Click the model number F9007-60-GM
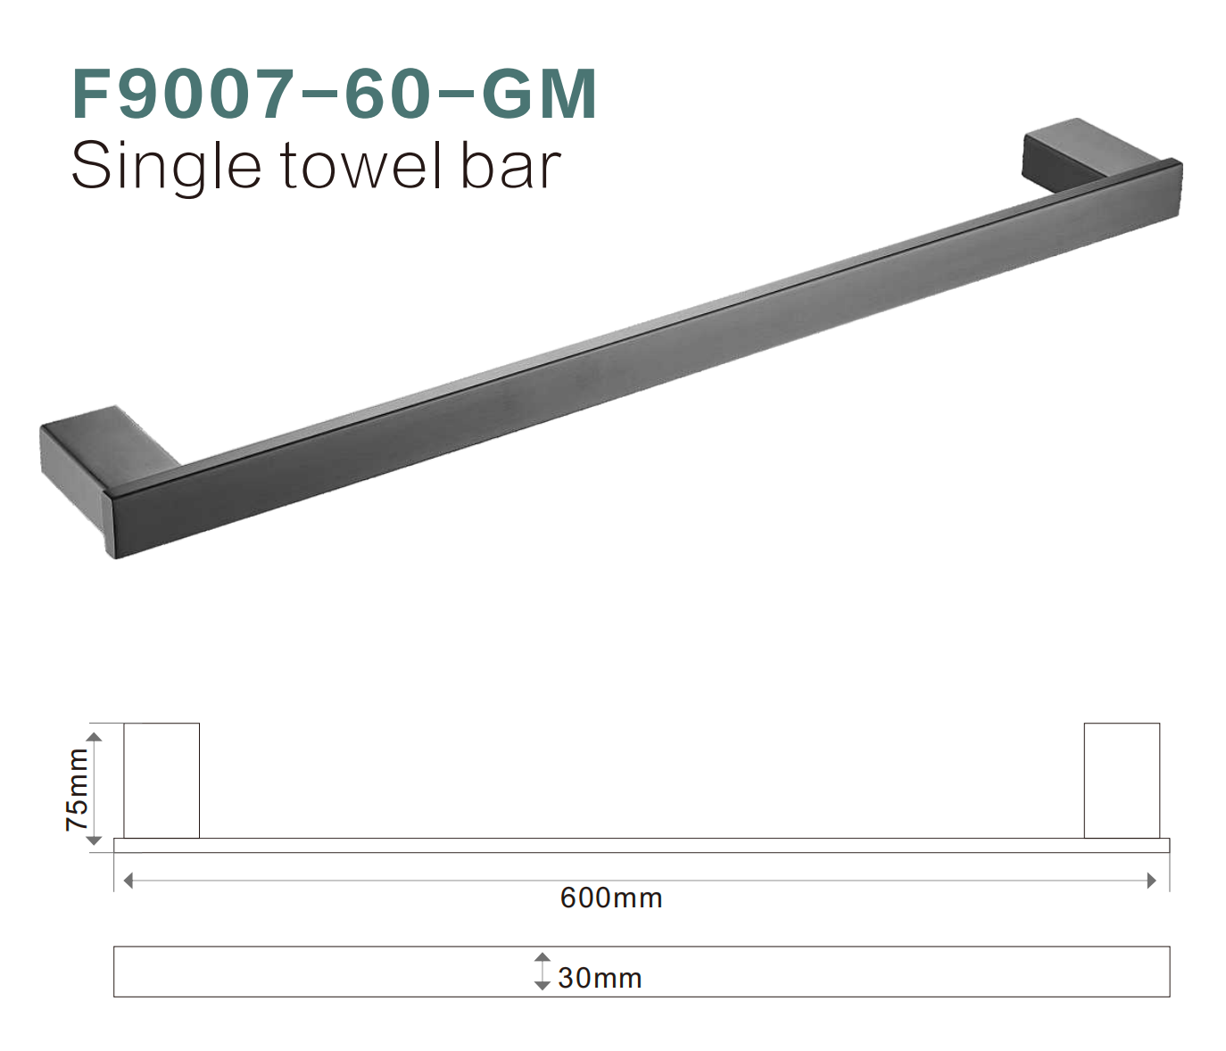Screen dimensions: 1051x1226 coord(334,94)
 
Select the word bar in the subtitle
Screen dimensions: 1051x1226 coord(510,166)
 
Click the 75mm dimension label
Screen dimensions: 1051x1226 coord(78,790)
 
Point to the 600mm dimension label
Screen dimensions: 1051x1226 coord(611,898)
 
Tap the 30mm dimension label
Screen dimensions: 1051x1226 coord(600,978)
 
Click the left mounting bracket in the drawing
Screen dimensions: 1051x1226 coord(162,781)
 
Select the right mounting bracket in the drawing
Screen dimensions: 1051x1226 coord(1122,781)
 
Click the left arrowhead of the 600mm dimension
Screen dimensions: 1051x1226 coord(128,881)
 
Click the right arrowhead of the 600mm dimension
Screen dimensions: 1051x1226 coord(1152,881)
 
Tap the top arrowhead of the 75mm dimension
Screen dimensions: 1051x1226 coord(95,737)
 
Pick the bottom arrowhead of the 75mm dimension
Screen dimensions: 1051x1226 coord(95,840)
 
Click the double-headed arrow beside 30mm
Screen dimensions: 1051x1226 coord(542,971)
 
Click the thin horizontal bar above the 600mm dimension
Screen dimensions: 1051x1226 coord(642,846)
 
